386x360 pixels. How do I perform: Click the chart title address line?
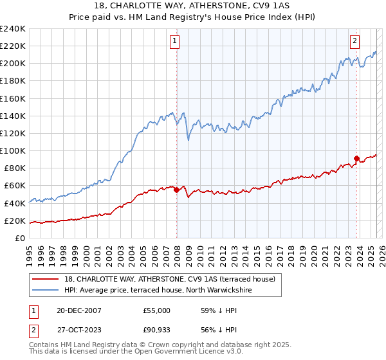[x=193, y=6]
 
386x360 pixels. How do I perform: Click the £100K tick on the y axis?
[x=13, y=150]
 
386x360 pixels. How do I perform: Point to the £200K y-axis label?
[x=13, y=64]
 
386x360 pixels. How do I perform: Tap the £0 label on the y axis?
[x=21, y=238]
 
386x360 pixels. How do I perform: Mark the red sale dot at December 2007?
[x=176, y=190]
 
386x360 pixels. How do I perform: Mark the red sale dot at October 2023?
[x=357, y=158]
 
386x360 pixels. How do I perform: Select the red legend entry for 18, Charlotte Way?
[x=170, y=279]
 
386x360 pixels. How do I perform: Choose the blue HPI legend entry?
[x=158, y=291]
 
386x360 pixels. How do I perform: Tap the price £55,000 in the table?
[x=156, y=310]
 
